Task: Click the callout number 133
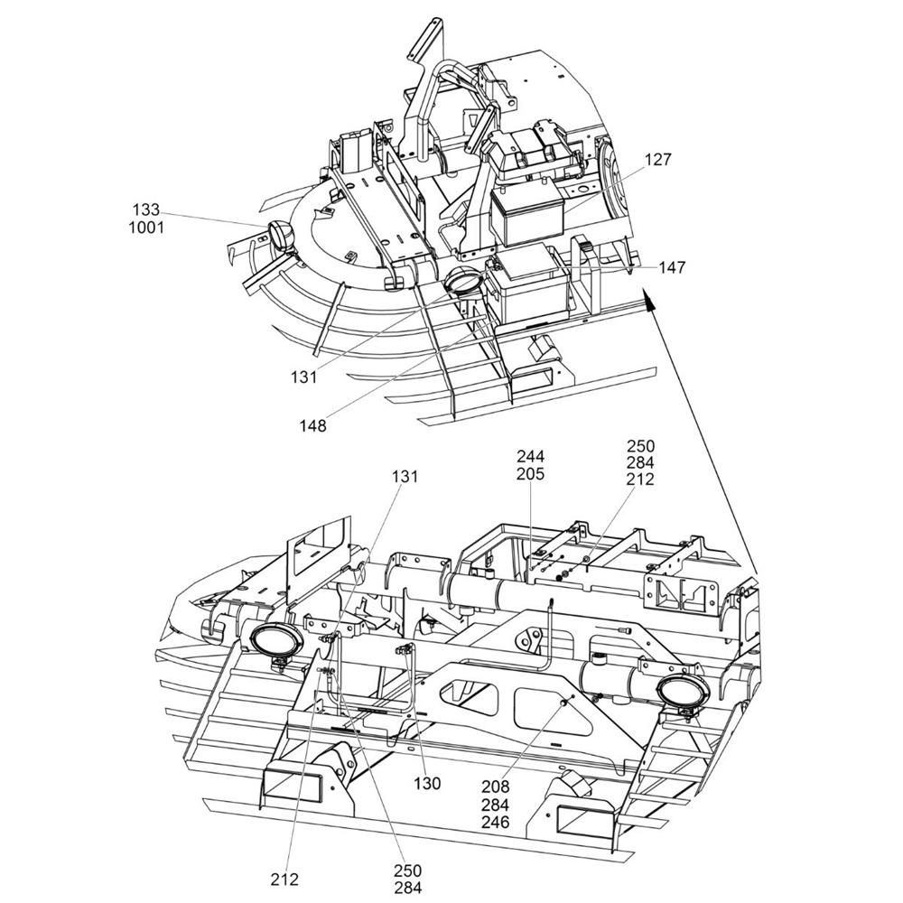pyautogui.click(x=146, y=210)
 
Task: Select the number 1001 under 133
pyautogui.click(x=146, y=228)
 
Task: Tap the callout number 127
pyautogui.click(x=657, y=160)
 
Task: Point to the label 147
pyautogui.click(x=672, y=267)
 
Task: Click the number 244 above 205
pyautogui.click(x=531, y=456)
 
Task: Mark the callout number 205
pyautogui.click(x=531, y=473)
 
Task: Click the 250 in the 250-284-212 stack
pyautogui.click(x=640, y=446)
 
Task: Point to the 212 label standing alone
pyautogui.click(x=284, y=879)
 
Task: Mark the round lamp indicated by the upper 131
pyautogui.click(x=465, y=281)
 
